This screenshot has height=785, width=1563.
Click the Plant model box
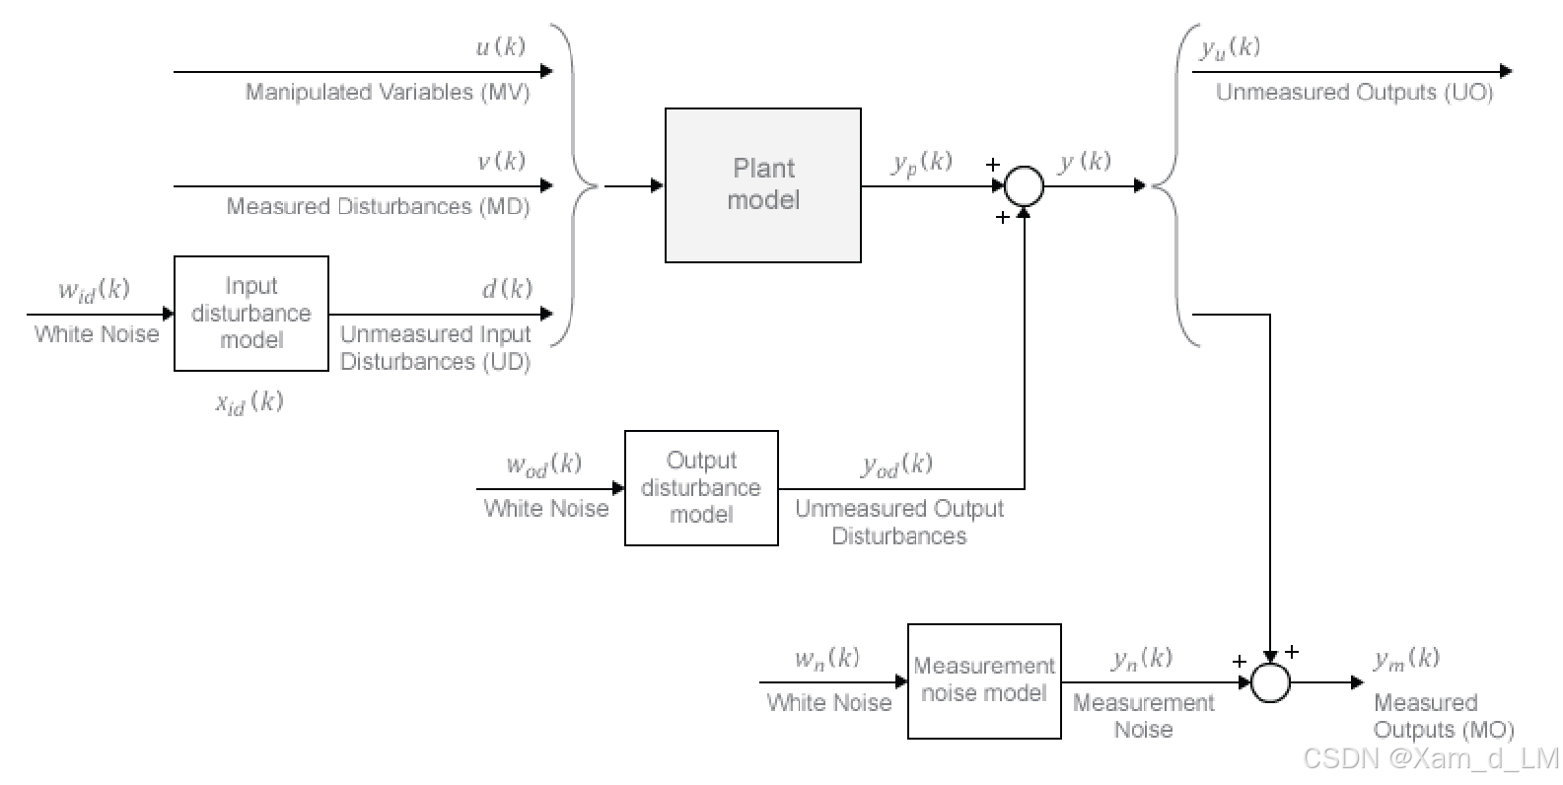click(x=762, y=185)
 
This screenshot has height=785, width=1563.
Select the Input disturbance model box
click(x=250, y=314)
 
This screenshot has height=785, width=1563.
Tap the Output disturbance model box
click(x=701, y=488)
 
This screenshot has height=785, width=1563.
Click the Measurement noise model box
click(x=983, y=680)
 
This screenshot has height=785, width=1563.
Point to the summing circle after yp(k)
click(x=1024, y=185)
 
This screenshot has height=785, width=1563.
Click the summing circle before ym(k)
click(x=1270, y=681)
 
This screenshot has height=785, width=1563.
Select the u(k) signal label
click(x=500, y=46)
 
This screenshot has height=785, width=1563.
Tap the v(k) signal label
click(x=501, y=161)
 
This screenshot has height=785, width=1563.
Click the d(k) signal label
click(x=506, y=289)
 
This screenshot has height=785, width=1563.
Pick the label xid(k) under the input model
click(x=249, y=402)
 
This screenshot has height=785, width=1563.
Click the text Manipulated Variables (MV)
click(x=388, y=93)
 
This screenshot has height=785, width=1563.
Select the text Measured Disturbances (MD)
click(x=378, y=207)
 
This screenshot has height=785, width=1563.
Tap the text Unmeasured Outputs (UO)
click(x=1354, y=93)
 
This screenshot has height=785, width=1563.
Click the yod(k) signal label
click(x=896, y=464)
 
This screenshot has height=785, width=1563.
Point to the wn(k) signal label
click(x=826, y=659)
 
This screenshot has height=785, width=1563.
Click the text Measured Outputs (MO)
click(x=1443, y=717)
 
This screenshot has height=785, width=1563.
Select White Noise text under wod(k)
click(x=545, y=509)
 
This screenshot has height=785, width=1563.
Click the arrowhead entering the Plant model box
click(x=658, y=185)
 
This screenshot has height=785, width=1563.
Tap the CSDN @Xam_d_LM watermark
click(x=1430, y=758)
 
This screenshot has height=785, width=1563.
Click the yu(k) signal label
click(x=1229, y=48)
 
